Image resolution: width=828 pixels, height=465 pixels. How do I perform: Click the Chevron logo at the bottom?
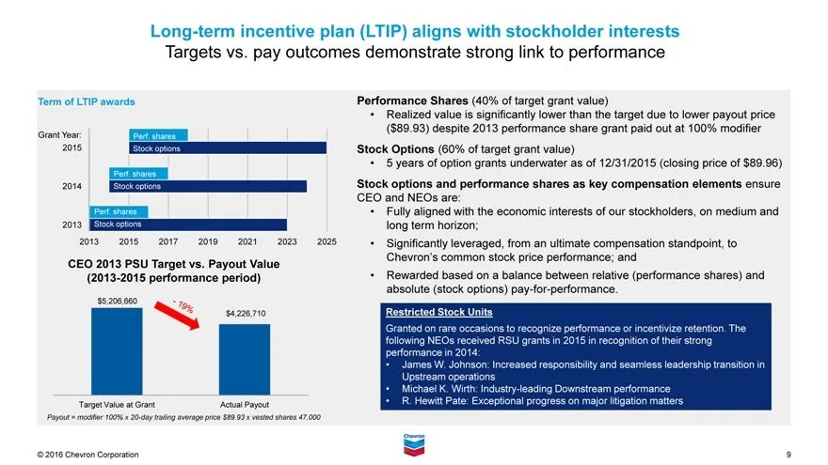pos(414,444)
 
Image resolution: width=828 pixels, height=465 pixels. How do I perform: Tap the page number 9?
pos(788,455)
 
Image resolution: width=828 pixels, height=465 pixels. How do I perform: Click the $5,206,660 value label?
pos(118,301)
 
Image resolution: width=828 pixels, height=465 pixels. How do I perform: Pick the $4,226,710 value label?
pos(246,313)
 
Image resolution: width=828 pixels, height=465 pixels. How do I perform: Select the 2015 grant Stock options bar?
pos(228,148)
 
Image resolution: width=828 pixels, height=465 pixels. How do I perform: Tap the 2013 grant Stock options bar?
pos(188,225)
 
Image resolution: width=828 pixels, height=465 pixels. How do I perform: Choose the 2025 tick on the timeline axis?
pos(326,242)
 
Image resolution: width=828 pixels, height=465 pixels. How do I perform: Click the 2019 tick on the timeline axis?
pos(208,242)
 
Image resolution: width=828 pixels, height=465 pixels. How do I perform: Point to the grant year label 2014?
pos(72,186)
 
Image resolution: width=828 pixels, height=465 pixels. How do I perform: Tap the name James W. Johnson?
pos(444,364)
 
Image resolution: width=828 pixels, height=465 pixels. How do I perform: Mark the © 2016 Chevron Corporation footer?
pos(88,455)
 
